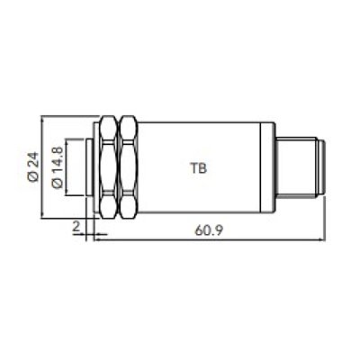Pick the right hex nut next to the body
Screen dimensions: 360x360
coord(129,167)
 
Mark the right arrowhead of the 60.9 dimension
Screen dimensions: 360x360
coord(319,239)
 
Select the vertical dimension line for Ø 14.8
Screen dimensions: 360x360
coord(67,167)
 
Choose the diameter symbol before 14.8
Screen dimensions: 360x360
coord(58,184)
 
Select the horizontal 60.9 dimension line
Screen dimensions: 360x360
coord(207,239)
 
